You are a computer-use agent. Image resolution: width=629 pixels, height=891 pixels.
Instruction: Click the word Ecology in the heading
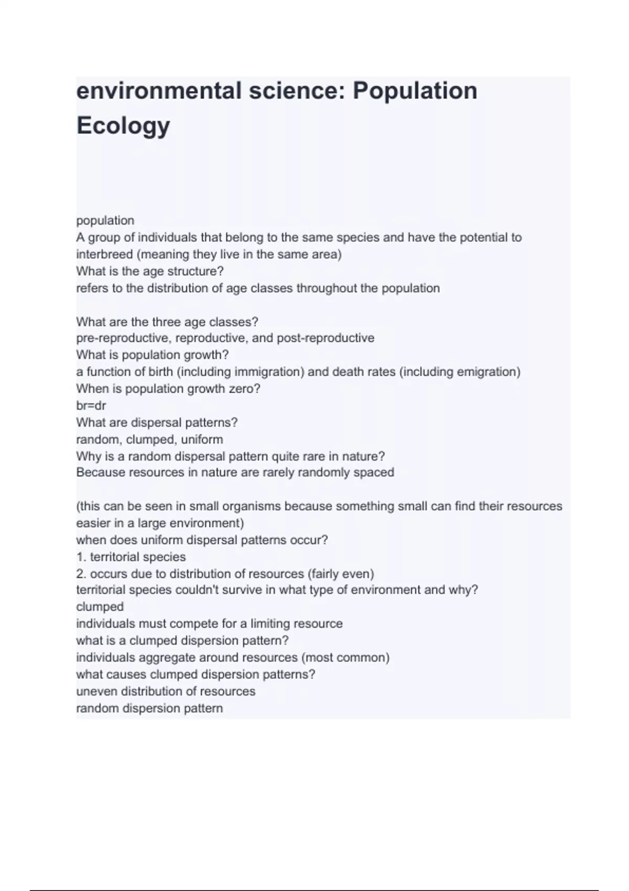pos(123,126)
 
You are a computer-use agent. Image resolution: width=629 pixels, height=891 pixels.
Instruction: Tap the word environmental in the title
pos(158,91)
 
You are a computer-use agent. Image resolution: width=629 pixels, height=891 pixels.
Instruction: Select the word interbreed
pos(104,255)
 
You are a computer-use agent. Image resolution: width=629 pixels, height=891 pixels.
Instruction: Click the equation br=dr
pos(91,406)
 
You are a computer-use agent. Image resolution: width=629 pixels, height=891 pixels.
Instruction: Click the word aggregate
pos(162,658)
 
